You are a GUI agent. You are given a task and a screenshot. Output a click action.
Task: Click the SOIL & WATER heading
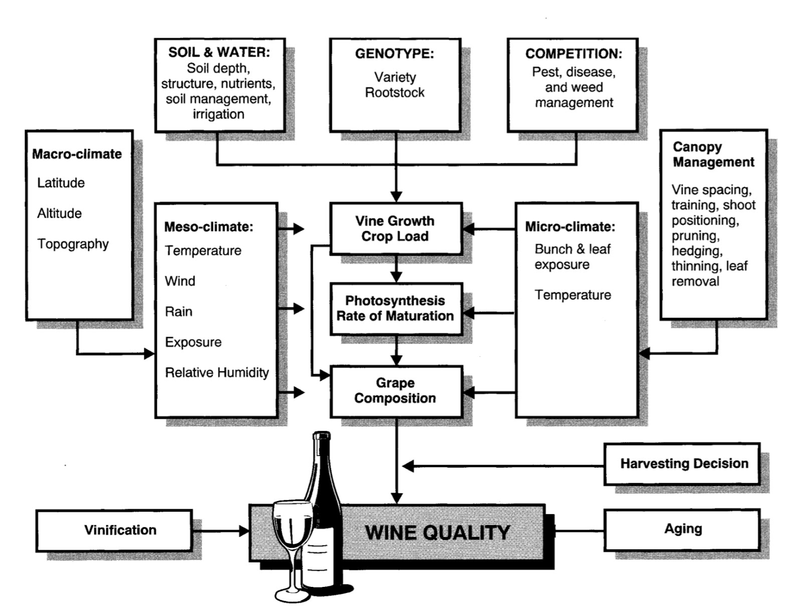coord(219,52)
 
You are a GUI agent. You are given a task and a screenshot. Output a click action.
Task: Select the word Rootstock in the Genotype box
coord(394,92)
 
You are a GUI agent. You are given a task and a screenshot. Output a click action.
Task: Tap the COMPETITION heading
coord(573,54)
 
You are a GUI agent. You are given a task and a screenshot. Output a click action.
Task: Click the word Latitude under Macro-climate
coord(61,183)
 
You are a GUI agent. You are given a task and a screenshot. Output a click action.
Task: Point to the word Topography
coord(73,244)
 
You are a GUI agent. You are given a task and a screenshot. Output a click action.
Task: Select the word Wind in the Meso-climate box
coord(180,281)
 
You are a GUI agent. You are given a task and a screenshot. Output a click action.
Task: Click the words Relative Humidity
coord(217,372)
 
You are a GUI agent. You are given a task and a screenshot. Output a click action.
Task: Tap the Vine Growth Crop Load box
coord(395,229)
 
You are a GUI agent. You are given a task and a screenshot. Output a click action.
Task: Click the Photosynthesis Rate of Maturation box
coord(395,308)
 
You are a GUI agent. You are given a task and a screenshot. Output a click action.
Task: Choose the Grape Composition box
coord(395,390)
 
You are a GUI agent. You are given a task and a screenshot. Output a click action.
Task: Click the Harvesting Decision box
coord(684,464)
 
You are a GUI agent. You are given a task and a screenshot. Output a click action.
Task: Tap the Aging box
coord(682,529)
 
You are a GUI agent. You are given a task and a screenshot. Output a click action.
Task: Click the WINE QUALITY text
coord(437,532)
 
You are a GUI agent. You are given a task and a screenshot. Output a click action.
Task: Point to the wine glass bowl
coord(292,524)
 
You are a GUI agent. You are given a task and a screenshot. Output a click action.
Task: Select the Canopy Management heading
coord(713,155)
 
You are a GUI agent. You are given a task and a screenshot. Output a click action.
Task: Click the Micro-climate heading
coord(569,227)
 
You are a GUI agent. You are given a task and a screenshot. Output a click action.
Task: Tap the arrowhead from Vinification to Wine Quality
coord(245,531)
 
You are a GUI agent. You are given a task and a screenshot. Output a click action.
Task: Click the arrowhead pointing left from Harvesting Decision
coord(408,467)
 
